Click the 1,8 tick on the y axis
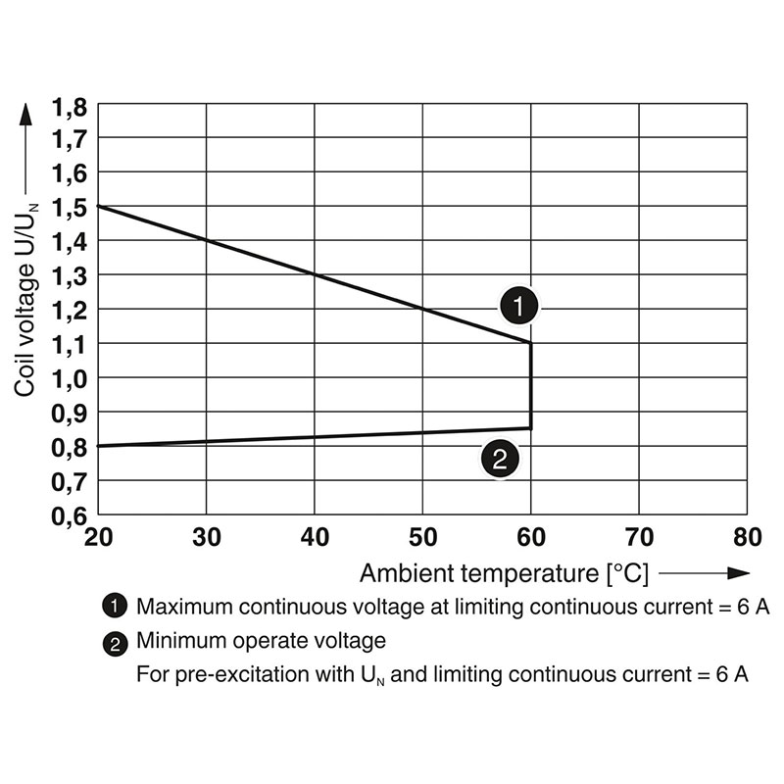[70, 105]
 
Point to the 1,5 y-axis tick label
[70, 207]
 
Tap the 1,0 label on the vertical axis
[70, 378]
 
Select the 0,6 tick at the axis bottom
[70, 514]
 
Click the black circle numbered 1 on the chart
[518, 306]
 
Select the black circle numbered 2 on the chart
[499, 460]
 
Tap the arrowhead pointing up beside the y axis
[26, 113]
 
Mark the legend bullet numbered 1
[115, 607]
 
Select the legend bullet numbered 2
[115, 644]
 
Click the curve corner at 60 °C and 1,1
[530, 343]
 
